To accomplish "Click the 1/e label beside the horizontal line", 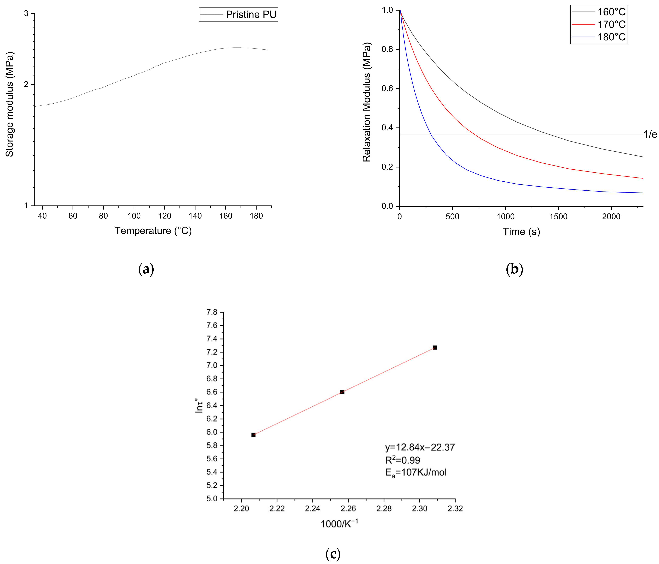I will pyautogui.click(x=650, y=134).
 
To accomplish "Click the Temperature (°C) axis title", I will pyautogui.click(x=153, y=230).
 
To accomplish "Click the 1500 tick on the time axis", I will pyautogui.click(x=558, y=217).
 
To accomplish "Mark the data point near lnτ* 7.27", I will pyautogui.click(x=435, y=347).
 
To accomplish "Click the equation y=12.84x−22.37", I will pyautogui.click(x=420, y=447).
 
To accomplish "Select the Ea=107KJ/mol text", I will pyautogui.click(x=416, y=472).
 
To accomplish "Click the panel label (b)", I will pyautogui.click(x=514, y=269).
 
